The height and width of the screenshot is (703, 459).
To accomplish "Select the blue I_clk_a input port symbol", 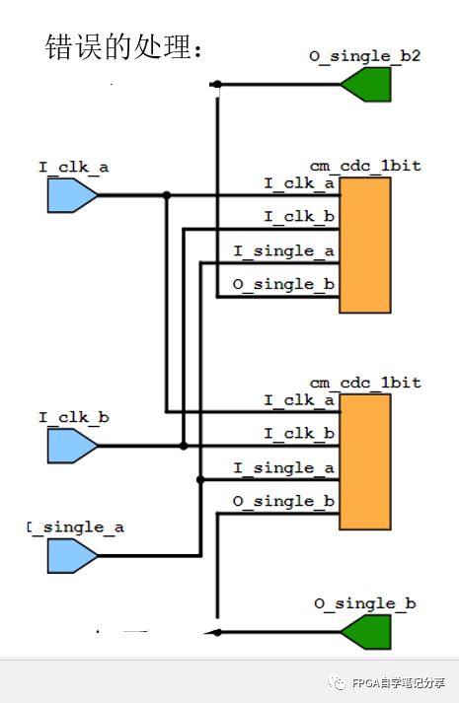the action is (72, 195).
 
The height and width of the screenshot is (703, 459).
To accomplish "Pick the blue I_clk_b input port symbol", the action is (72, 446).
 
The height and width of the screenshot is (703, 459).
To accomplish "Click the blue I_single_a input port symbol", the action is (72, 556).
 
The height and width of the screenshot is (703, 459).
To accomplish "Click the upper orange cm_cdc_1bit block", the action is (365, 245).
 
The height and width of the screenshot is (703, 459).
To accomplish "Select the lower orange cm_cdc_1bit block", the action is (365, 461).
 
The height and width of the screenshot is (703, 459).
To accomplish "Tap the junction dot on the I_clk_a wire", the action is (167, 195).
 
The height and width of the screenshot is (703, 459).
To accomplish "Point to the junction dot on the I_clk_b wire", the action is (184, 446).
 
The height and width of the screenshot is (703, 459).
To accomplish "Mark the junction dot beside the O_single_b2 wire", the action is (217, 84).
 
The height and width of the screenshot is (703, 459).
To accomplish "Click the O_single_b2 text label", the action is (365, 56).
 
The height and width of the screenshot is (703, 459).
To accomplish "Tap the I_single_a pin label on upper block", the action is (283, 251).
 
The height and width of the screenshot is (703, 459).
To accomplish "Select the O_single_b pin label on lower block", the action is (283, 501).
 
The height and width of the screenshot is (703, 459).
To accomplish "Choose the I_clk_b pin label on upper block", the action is (299, 217).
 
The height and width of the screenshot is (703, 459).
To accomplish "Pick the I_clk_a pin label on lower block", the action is (299, 400).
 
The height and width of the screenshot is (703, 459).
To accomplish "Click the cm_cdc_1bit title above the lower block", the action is (365, 383).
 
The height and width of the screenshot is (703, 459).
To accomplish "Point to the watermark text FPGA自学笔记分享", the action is (399, 683).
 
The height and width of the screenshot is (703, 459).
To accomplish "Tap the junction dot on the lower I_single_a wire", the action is (200, 480).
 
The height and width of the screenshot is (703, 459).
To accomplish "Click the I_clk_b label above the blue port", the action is (74, 418).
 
